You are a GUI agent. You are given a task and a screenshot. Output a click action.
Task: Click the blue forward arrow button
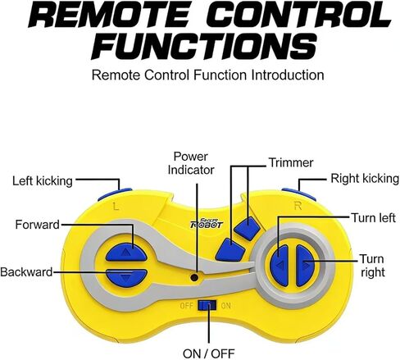(126, 252)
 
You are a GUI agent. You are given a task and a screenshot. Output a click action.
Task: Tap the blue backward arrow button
(126, 277)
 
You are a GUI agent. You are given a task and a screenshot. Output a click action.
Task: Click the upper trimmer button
(248, 229)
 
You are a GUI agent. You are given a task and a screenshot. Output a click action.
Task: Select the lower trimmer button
(230, 250)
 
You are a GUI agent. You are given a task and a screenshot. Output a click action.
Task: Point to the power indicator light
(194, 277)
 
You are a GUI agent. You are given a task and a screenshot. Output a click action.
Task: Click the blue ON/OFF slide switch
(207, 305)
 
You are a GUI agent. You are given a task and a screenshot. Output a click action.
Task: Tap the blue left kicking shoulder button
(115, 194)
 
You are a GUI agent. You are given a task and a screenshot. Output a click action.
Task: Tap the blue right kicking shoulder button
(298, 194)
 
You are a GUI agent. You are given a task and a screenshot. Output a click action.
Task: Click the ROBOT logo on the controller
(207, 224)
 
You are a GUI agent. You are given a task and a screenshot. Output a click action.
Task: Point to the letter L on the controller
(116, 207)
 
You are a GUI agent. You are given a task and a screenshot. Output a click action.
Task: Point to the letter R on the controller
(298, 206)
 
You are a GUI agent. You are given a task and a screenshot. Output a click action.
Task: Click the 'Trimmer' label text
(291, 162)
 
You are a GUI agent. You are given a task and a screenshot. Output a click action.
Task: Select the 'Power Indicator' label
(191, 163)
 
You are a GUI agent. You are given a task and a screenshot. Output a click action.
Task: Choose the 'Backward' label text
(26, 272)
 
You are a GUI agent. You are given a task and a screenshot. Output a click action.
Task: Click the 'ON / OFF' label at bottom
(209, 353)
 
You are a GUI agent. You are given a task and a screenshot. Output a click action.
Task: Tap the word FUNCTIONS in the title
(203, 48)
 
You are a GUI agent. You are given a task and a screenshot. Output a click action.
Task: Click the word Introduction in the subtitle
(288, 75)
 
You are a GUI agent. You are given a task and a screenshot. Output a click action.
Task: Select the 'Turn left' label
(374, 218)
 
